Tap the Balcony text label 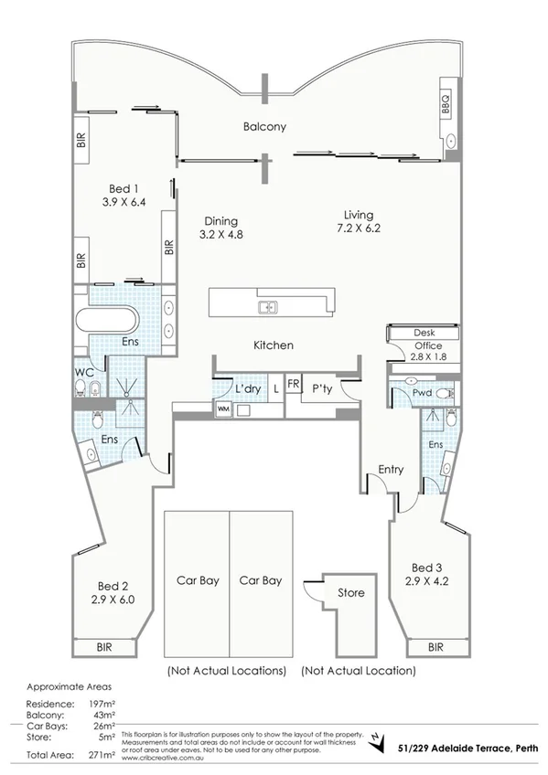tap(264, 127)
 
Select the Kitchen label tap(273, 345)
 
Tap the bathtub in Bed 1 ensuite tap(106, 324)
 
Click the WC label tap(84, 373)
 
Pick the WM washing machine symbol tap(223, 409)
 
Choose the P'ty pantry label tap(321, 388)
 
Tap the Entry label tap(391, 470)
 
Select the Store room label tap(351, 593)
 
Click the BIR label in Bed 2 tap(106, 647)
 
